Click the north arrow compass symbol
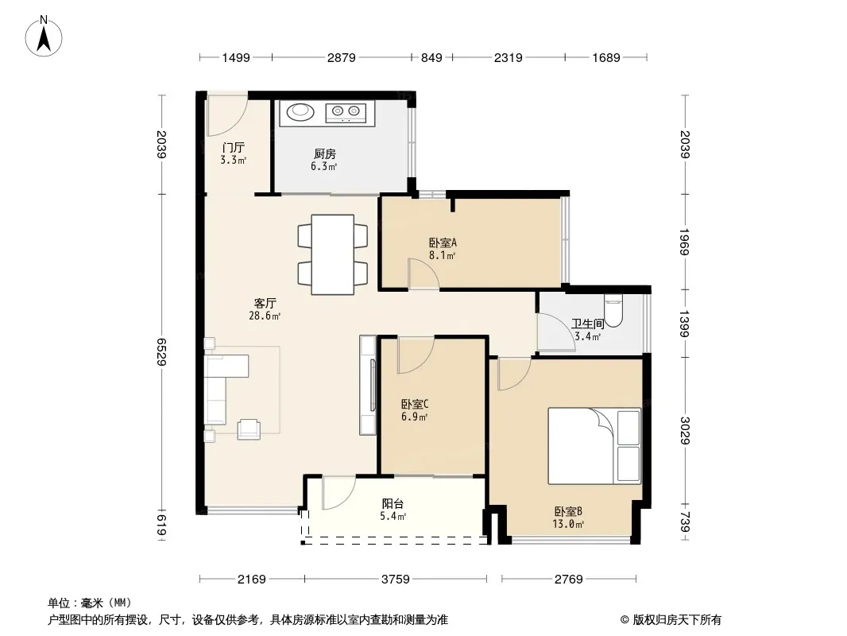(x=44, y=37)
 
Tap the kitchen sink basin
(x=300, y=112)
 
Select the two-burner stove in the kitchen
(x=346, y=112)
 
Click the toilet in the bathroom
(x=613, y=311)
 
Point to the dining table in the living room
(x=333, y=254)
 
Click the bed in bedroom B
(x=594, y=446)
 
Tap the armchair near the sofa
(x=249, y=429)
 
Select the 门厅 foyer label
(x=234, y=148)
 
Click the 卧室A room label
(x=443, y=243)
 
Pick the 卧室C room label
(x=415, y=404)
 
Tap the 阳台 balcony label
(x=393, y=504)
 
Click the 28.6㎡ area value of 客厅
(x=265, y=316)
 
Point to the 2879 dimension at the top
(x=342, y=57)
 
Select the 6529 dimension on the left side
(x=161, y=351)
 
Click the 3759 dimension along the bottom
(x=396, y=580)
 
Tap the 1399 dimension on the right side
(x=684, y=324)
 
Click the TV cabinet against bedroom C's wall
(x=368, y=386)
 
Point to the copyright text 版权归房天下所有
(x=677, y=620)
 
